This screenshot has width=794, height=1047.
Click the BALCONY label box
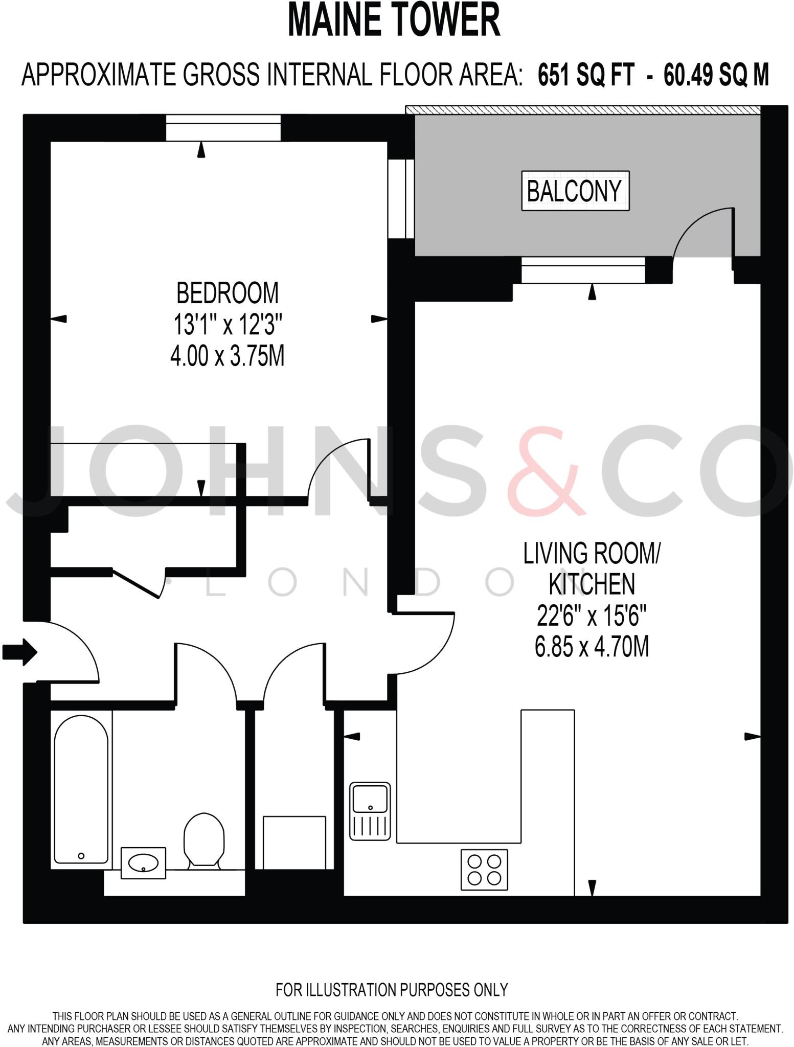point(575,191)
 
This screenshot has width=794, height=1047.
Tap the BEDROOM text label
point(228,293)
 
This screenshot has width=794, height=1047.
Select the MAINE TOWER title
point(394,20)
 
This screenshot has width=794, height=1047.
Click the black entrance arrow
point(20,652)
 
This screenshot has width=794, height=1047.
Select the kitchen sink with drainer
point(370,811)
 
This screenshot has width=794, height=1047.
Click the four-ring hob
point(484,870)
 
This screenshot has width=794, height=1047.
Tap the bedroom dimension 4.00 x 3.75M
point(228,356)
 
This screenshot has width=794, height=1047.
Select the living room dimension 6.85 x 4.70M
point(592,647)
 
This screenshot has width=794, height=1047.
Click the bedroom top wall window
point(223,128)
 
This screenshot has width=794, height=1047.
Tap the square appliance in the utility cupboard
point(294,842)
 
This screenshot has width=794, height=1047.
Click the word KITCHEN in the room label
point(592,584)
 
